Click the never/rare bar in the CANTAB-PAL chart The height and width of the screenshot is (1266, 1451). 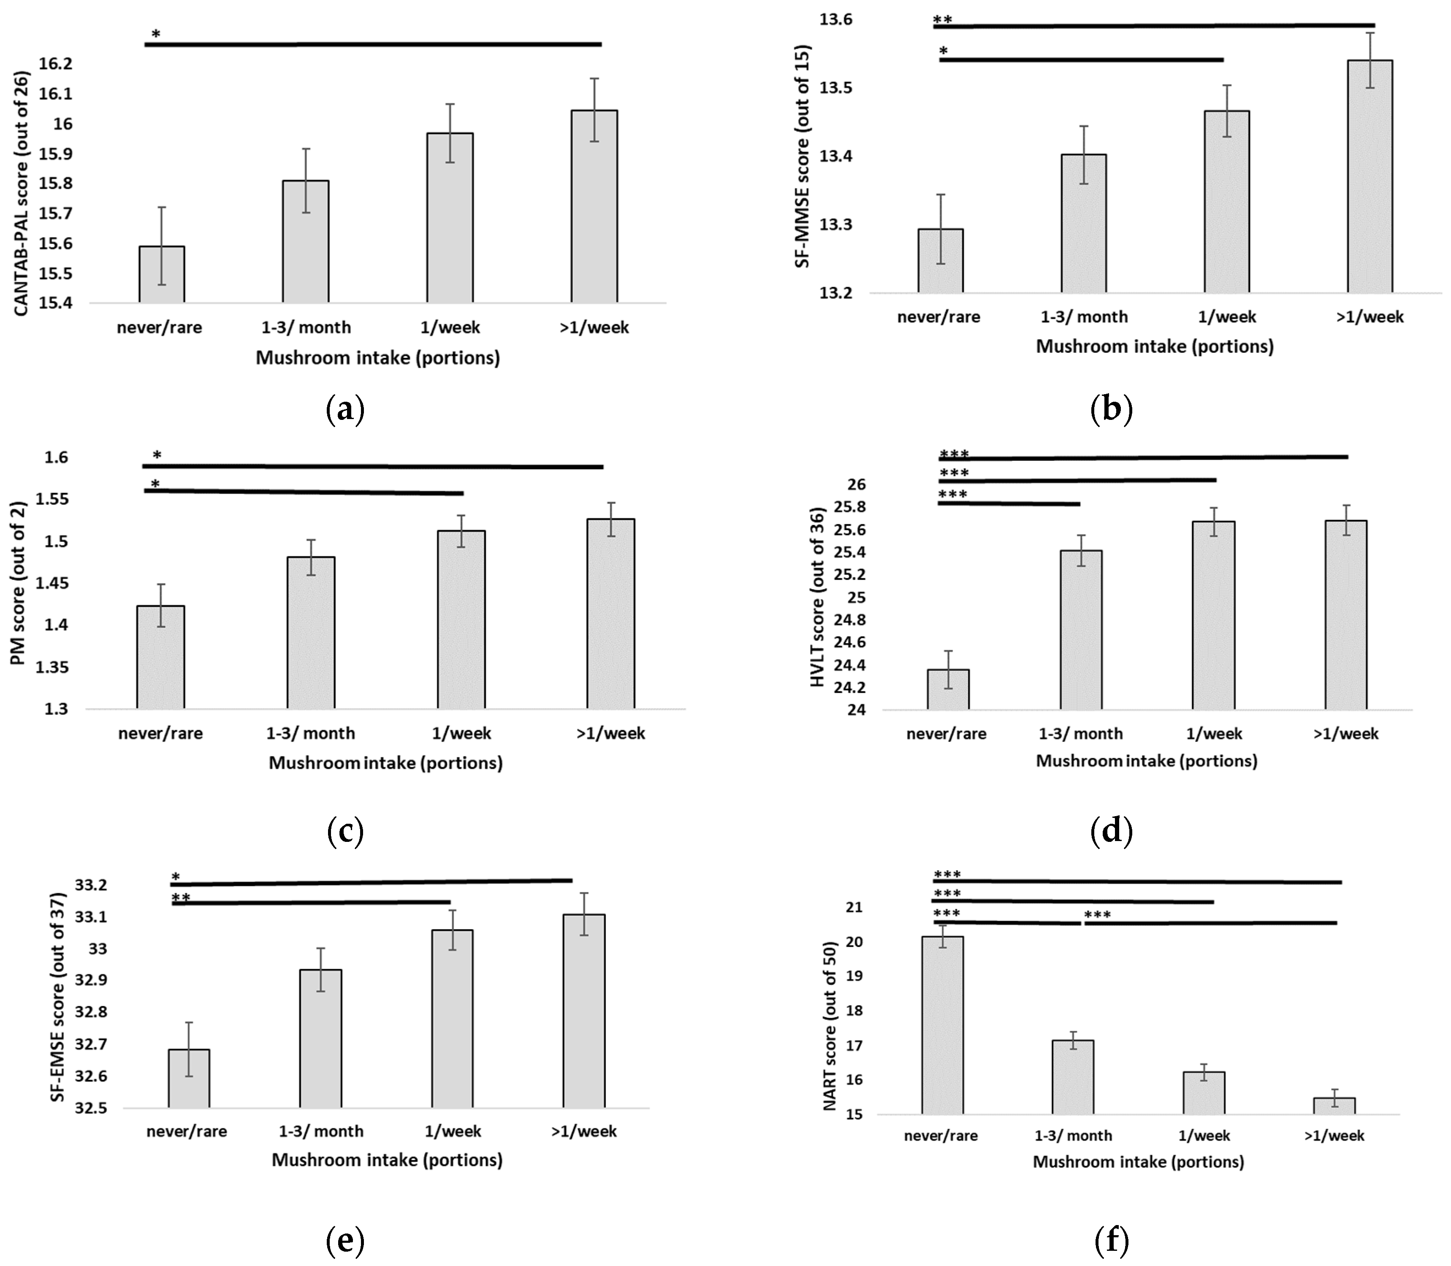pos(162,276)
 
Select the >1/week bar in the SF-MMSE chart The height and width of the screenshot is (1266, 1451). pos(1370,177)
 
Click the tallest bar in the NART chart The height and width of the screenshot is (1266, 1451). pos(942,1024)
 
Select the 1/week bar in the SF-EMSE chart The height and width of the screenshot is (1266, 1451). pos(452,1018)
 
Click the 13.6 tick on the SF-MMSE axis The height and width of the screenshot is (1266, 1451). pos(836,20)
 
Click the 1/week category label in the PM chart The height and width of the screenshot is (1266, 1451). pos(461,733)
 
